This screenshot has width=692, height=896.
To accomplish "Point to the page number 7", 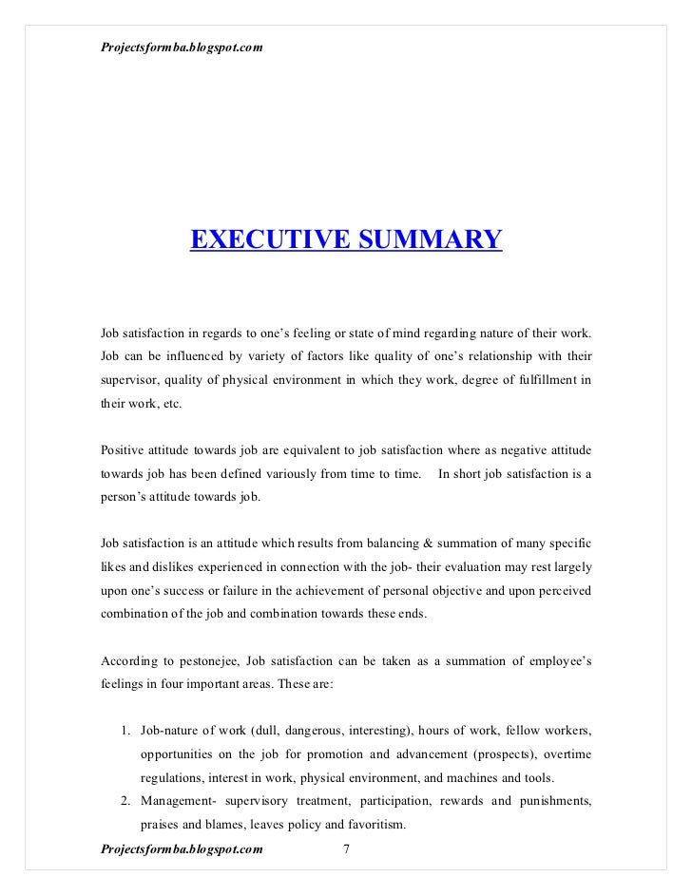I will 346,849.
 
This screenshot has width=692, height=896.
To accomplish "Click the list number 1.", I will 125,731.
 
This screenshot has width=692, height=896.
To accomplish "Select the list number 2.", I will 125,800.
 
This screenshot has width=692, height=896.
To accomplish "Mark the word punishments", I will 552,800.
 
